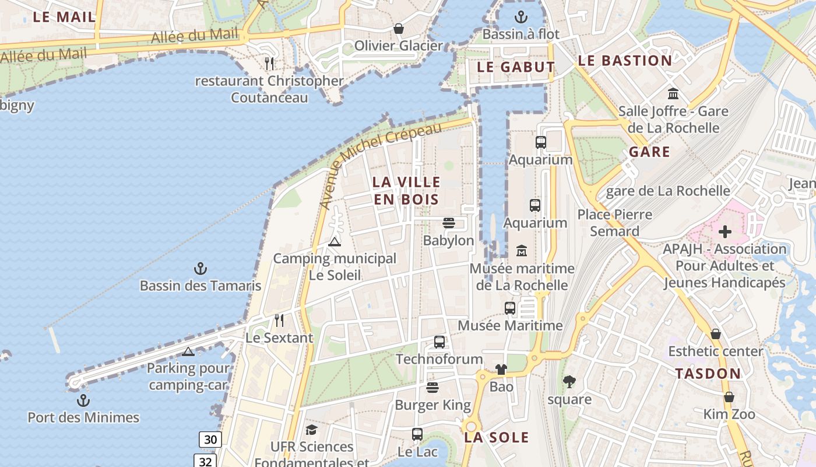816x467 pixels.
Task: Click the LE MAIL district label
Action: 64,17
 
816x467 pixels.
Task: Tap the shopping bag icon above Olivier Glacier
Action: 399,28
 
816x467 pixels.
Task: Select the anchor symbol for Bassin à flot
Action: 520,17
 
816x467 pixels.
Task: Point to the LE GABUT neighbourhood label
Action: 516,67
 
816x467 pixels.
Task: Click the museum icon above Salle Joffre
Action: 673,93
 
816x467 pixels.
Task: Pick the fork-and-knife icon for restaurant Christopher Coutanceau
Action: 269,63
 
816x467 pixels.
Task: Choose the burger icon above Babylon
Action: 448,222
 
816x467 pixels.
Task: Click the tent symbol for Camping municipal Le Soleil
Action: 334,242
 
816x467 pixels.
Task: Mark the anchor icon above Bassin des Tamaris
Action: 201,269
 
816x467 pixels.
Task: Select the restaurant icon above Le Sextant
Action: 279,320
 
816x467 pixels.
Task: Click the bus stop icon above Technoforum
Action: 439,342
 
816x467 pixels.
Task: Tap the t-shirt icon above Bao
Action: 501,369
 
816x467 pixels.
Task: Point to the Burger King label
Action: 432,405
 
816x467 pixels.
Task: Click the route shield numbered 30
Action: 210,440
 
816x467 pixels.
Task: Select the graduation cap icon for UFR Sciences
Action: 311,430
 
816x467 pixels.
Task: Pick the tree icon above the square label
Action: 569,382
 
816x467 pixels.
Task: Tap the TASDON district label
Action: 708,374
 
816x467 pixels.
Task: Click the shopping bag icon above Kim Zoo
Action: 729,397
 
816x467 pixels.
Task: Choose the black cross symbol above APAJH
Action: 724,232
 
